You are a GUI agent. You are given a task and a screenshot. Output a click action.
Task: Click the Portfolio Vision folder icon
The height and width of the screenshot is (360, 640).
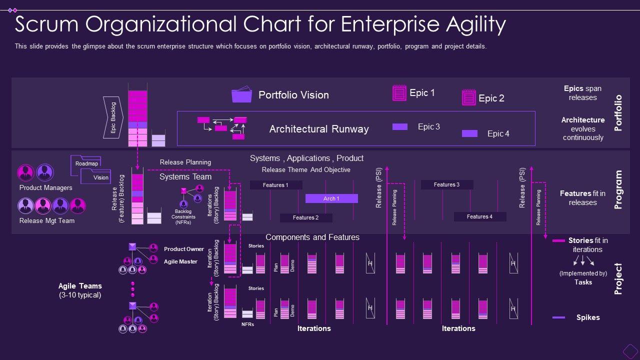tap(241, 95)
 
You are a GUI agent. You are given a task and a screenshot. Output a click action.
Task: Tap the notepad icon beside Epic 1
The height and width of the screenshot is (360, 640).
tap(399, 93)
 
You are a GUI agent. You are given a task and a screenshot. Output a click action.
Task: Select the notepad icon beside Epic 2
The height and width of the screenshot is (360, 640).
tap(468, 97)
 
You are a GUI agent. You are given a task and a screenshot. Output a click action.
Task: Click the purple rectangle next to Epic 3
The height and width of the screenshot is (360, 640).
tap(400, 126)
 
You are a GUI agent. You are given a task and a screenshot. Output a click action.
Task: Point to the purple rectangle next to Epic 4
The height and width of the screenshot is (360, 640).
tap(469, 133)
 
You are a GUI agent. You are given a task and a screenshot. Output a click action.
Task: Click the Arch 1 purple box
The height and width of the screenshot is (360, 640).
tap(331, 198)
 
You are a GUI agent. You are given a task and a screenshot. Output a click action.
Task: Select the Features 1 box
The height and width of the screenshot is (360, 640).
tap(276, 185)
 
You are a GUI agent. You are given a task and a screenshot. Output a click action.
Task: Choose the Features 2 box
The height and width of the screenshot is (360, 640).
tap(305, 217)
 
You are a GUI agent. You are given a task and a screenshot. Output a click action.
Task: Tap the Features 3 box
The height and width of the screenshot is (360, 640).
tap(446, 184)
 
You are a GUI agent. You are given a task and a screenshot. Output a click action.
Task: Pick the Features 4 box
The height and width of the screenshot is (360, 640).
tap(480, 216)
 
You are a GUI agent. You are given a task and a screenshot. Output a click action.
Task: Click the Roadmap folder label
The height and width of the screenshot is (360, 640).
tap(86, 163)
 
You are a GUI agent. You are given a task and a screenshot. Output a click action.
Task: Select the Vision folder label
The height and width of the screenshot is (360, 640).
tap(100, 177)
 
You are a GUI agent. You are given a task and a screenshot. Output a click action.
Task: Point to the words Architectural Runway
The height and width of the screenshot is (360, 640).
tap(319, 129)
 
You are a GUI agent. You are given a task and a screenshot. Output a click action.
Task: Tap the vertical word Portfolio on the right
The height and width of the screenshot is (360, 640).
tap(618, 112)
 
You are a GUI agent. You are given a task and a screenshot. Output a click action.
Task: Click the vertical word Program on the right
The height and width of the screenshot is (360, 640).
tap(618, 189)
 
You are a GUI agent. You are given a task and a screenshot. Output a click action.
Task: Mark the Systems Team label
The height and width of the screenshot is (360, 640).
tap(185, 177)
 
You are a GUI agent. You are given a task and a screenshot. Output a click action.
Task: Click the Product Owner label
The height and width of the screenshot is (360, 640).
tap(184, 249)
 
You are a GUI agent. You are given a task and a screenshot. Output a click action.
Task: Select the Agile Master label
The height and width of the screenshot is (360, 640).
tap(180, 261)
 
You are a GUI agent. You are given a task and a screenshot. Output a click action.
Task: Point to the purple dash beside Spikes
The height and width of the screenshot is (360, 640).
tap(558, 317)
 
